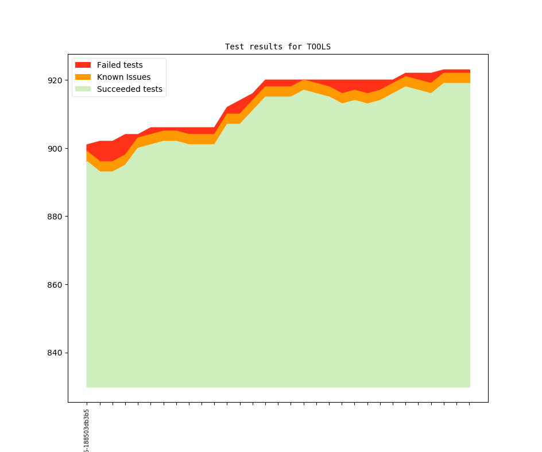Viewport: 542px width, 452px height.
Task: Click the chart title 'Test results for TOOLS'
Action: [278, 47]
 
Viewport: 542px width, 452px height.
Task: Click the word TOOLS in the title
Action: [319, 47]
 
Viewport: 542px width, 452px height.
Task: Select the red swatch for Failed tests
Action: [83, 65]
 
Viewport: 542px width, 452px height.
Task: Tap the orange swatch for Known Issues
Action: [83, 77]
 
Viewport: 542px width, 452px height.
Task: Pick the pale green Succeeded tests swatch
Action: [83, 89]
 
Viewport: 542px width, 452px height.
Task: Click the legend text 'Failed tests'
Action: [119, 65]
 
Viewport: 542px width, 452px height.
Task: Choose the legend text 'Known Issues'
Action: [123, 77]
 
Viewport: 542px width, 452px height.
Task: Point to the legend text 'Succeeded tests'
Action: [129, 89]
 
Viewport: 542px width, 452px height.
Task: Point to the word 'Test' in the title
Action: [234, 47]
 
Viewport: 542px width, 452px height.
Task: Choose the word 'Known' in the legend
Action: [110, 77]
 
